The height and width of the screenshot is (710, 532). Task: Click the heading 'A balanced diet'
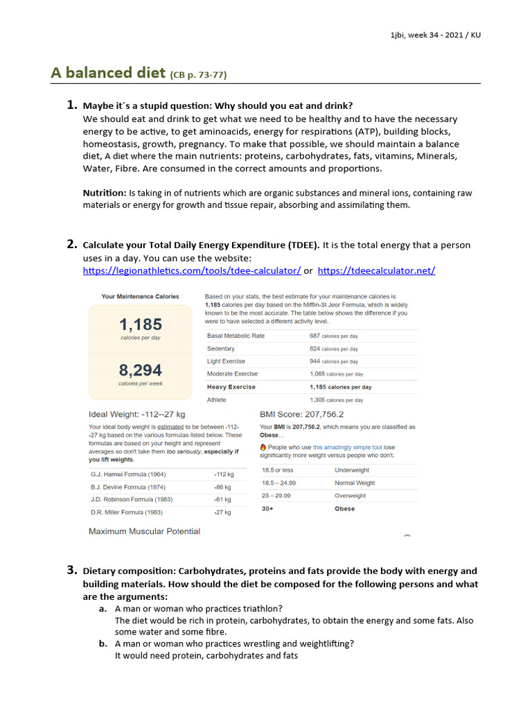pyautogui.click(x=108, y=73)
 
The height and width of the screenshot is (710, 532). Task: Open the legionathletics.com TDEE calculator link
pyautogui.click(x=191, y=270)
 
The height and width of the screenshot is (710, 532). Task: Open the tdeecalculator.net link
pyautogui.click(x=376, y=270)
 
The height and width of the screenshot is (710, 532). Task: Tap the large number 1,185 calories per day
pyautogui.click(x=140, y=324)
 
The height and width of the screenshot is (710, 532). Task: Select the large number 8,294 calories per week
pyautogui.click(x=140, y=370)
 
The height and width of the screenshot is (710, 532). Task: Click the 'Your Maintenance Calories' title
pyautogui.click(x=140, y=297)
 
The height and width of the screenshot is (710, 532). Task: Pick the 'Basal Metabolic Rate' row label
pyautogui.click(x=236, y=336)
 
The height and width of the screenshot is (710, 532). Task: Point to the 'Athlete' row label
pyautogui.click(x=217, y=400)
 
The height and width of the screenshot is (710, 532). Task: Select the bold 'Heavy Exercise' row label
pyautogui.click(x=231, y=387)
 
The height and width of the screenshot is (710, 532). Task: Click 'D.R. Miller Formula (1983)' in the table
pyautogui.click(x=127, y=512)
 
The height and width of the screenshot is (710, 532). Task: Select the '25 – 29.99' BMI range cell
pyautogui.click(x=276, y=496)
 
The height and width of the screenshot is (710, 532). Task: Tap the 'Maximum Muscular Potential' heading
pyautogui.click(x=144, y=531)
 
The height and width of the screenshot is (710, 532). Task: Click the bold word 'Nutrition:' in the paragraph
pyautogui.click(x=105, y=193)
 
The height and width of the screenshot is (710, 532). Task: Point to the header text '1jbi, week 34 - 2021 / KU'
pyautogui.click(x=435, y=35)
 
